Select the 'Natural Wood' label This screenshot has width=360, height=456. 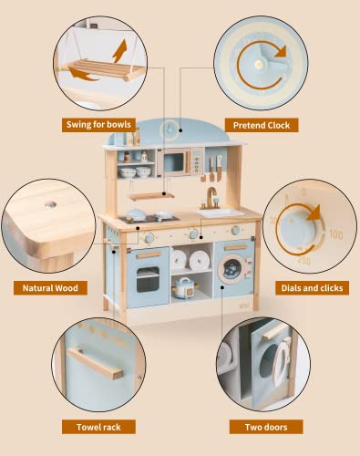point(51,288)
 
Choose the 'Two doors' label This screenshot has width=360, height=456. point(267,426)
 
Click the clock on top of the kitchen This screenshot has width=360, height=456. point(169,130)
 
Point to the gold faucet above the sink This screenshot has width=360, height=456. point(211,197)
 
